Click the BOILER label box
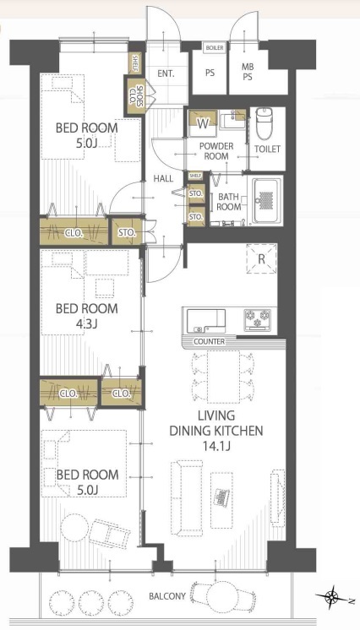click(215, 48)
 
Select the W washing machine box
click(203, 124)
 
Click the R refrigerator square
click(261, 258)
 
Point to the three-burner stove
click(258, 320)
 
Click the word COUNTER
click(210, 341)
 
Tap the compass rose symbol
click(333, 597)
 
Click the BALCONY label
click(167, 596)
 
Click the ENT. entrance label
click(166, 73)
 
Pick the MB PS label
click(248, 72)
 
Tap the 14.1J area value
click(216, 446)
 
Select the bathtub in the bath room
click(265, 200)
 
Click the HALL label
click(164, 178)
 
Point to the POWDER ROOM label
click(216, 150)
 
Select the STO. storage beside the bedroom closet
click(126, 232)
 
